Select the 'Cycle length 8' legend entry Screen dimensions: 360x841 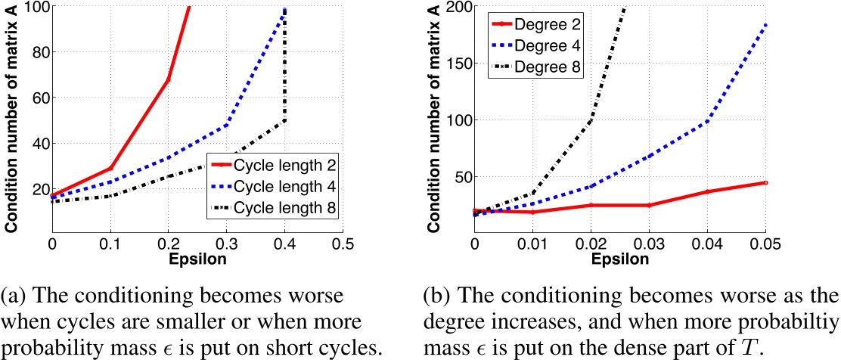[284, 207]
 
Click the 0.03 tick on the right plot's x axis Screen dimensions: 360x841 [649, 245]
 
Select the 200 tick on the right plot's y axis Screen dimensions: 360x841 [456, 7]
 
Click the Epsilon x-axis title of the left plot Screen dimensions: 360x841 [197, 259]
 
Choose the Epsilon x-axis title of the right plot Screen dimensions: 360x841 [619, 259]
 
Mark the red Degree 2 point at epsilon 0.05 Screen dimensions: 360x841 [765, 183]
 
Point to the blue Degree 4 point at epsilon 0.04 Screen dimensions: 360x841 [707, 121]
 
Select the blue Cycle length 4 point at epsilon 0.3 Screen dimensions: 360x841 [227, 124]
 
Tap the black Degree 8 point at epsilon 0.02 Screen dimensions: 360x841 [591, 121]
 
